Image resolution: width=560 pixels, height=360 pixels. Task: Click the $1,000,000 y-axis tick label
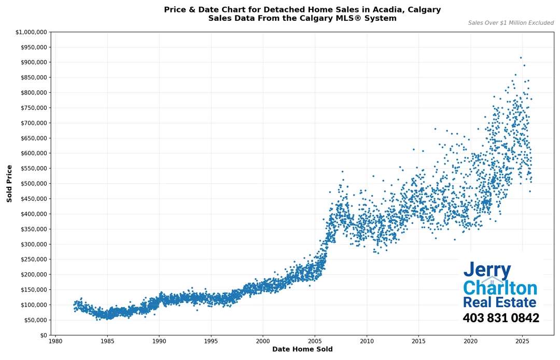pyautogui.click(x=31, y=32)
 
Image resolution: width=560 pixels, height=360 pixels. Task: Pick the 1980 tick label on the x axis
pyautogui.click(x=55, y=341)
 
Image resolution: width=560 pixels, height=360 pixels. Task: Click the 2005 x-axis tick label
pyautogui.click(x=315, y=341)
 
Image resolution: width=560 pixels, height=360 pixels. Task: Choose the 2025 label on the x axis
pyautogui.click(x=522, y=341)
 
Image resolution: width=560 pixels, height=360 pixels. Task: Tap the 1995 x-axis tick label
pyautogui.click(x=211, y=341)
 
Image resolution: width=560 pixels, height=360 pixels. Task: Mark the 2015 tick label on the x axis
pyautogui.click(x=418, y=341)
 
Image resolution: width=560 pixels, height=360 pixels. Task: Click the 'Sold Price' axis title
pyautogui.click(x=9, y=184)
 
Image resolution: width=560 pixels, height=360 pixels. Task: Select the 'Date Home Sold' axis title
pyautogui.click(x=302, y=350)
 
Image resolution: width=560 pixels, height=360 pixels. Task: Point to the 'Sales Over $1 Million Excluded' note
pyautogui.click(x=511, y=23)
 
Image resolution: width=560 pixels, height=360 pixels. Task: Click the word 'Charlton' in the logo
pyautogui.click(x=500, y=288)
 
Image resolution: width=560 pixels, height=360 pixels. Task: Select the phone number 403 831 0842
pyautogui.click(x=500, y=318)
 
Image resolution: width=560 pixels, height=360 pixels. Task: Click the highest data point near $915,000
pyautogui.click(x=521, y=58)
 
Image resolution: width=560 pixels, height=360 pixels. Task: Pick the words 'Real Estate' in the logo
pyautogui.click(x=499, y=302)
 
